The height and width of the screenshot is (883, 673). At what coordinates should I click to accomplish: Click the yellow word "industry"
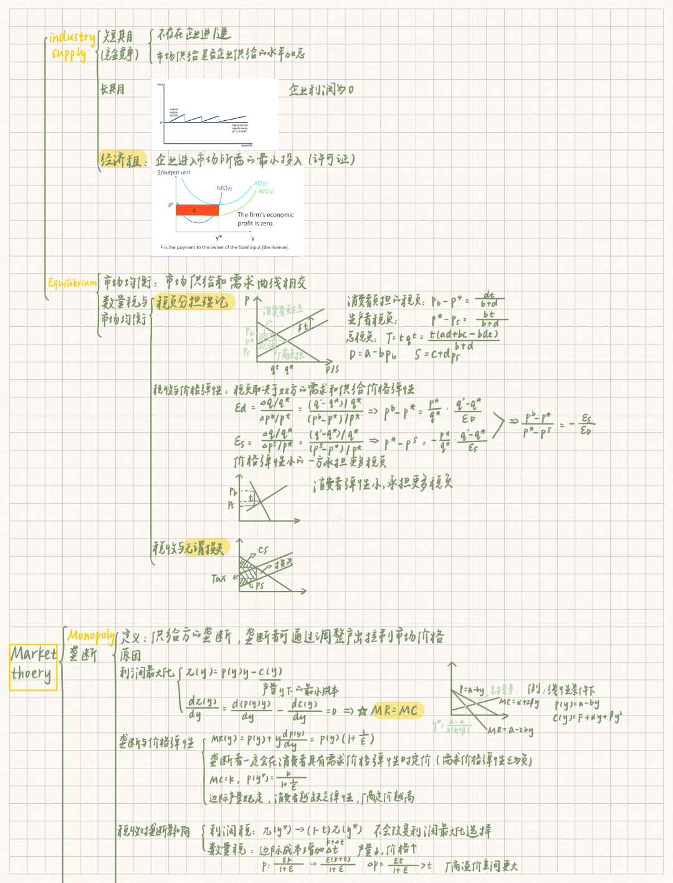coord(72,38)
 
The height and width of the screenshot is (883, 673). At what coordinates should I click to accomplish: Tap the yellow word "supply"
coord(69,54)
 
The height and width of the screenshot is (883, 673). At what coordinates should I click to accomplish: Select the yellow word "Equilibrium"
coord(72,283)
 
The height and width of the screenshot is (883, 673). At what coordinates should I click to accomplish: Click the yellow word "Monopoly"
coord(91,636)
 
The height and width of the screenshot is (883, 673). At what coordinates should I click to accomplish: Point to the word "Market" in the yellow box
coord(34,654)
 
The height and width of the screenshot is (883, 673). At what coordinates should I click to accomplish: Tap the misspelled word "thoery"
coord(31,674)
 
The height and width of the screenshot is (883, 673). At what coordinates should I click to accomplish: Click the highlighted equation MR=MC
coord(394,711)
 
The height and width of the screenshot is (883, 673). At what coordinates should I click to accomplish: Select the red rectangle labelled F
coord(196,210)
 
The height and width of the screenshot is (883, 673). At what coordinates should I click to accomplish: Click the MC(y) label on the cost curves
coord(224,188)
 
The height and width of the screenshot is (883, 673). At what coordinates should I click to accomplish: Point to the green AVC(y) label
coord(266,192)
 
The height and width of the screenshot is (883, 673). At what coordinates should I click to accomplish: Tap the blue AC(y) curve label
coord(260,183)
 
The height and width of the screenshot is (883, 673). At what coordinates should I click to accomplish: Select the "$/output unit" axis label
coord(174,172)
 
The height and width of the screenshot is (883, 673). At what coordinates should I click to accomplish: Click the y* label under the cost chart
coord(219,238)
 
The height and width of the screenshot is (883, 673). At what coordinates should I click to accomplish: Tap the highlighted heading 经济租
coord(122,160)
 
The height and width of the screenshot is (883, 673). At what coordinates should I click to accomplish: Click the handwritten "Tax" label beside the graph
coord(219,579)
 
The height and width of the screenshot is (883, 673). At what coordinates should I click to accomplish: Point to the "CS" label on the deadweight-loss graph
coord(263,550)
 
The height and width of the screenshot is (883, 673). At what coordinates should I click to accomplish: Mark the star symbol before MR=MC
coord(363,711)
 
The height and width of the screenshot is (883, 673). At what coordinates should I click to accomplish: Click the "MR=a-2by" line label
coord(510,730)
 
